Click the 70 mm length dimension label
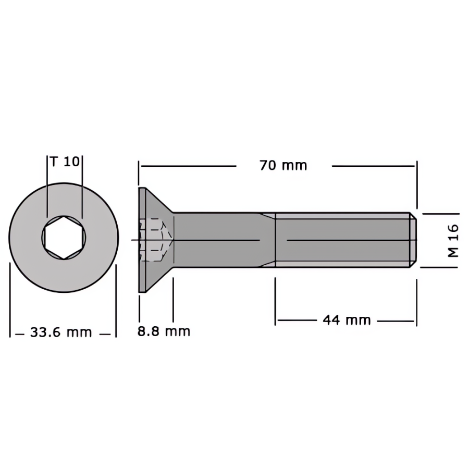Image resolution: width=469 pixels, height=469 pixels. pos(283,166)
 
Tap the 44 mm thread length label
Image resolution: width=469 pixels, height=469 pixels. pos(347,320)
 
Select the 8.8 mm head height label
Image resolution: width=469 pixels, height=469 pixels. pos(164,331)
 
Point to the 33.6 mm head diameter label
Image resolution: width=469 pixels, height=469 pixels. pos(61,332)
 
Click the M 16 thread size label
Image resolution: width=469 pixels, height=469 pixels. pos(453,241)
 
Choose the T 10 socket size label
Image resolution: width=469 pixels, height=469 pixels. pos(65,162)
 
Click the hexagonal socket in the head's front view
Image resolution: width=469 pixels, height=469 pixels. pos(64,238)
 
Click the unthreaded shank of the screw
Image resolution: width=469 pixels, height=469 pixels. pos(224,240)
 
